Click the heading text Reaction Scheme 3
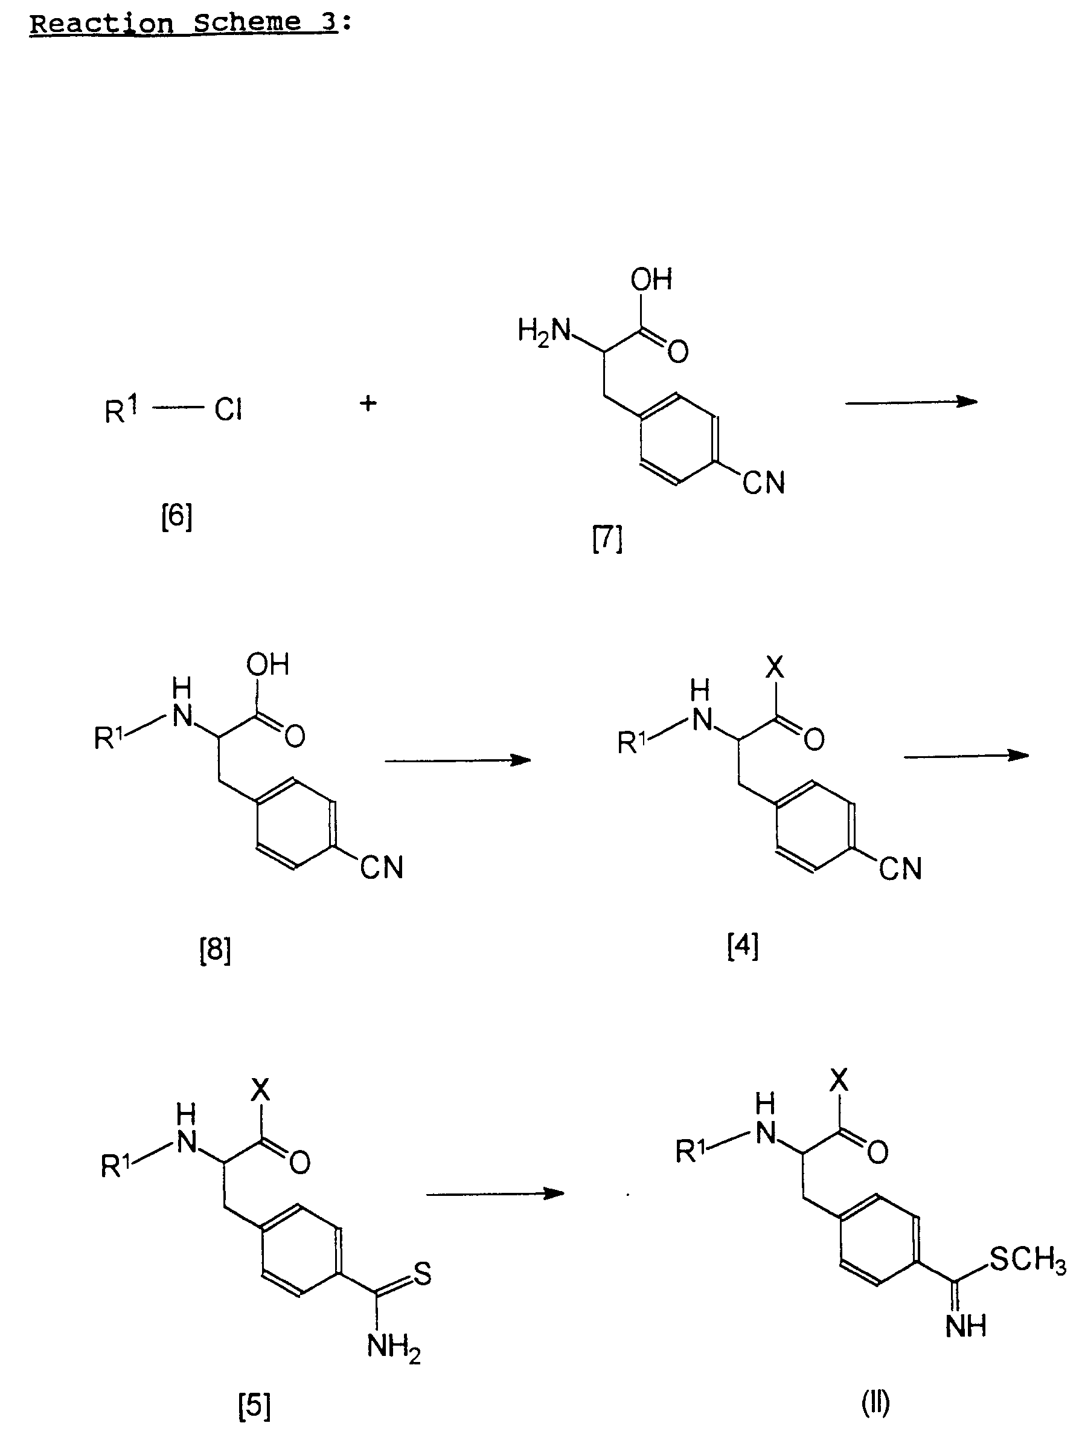coord(184,24)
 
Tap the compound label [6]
coord(177,518)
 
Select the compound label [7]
coord(607,539)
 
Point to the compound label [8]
coord(216,950)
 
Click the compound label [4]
coord(743,946)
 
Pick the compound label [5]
coord(254,1407)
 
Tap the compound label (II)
coord(876,1402)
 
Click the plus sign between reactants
coord(368,403)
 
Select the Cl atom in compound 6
coord(228,411)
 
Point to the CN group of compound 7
coord(764,483)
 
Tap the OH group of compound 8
coord(267,665)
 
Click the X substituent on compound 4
coord(775,667)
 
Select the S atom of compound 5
coord(423,1274)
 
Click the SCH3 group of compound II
coord(1027,1259)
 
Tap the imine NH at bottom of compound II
coord(966,1326)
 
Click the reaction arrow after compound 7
coord(911,402)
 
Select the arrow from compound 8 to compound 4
coord(457,760)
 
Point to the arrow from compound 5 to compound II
coord(495,1193)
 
